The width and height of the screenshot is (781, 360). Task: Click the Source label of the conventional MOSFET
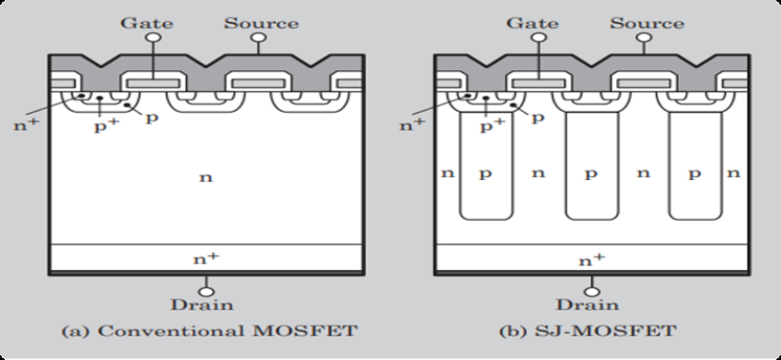(261, 23)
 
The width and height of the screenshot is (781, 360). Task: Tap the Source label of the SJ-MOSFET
(646, 23)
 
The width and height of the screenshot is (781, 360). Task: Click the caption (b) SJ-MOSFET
(589, 333)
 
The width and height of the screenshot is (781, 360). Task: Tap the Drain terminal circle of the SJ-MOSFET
(590, 290)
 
